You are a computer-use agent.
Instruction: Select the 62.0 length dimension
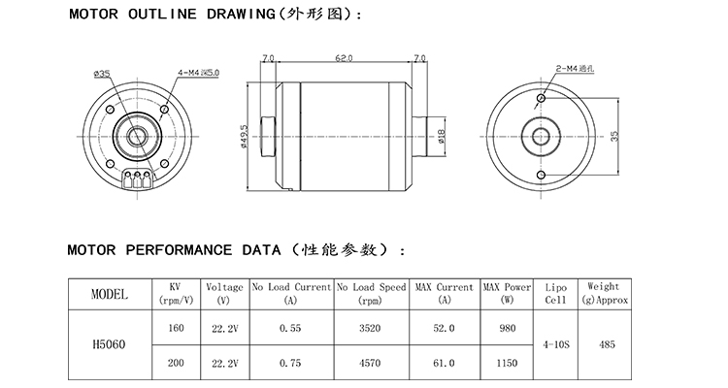tap(343, 60)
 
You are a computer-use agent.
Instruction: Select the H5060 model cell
tap(109, 344)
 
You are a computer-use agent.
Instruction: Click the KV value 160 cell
tap(176, 328)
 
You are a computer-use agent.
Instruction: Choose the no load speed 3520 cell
tap(371, 328)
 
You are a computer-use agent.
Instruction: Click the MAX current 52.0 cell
tap(444, 328)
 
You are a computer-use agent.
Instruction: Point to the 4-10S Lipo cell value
tap(555, 344)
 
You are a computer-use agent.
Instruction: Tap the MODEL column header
tap(109, 293)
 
